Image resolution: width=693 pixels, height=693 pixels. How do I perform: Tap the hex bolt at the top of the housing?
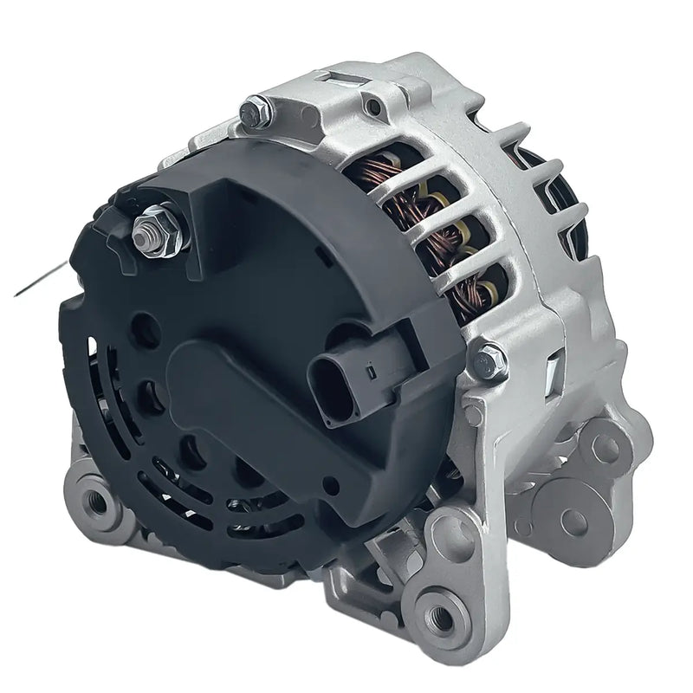tap(256, 111)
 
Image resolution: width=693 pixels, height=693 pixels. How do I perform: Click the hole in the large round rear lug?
tap(573, 519)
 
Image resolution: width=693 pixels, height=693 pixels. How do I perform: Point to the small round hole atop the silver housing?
tap(372, 107)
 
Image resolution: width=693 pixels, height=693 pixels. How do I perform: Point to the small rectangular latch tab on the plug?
tap(370, 374)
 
